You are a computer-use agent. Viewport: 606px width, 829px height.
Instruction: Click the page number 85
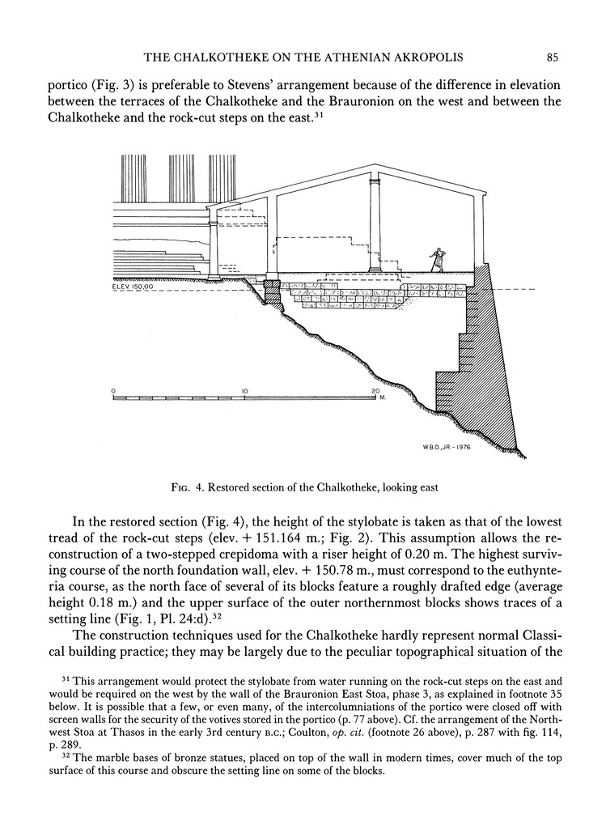[x=552, y=57]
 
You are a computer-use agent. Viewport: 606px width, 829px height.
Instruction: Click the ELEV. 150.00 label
[x=133, y=286]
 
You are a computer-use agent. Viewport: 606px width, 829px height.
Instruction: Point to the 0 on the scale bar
[x=113, y=391]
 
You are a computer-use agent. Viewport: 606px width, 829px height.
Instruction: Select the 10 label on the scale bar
[x=244, y=391]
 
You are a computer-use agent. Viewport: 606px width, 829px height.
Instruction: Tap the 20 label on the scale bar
[x=375, y=391]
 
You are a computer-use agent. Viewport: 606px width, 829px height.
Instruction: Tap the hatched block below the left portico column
[x=273, y=293]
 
